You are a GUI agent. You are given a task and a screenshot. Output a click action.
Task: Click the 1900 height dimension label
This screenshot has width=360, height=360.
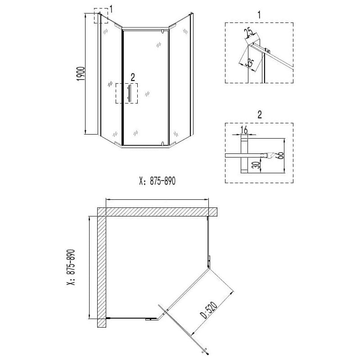coord(81,74)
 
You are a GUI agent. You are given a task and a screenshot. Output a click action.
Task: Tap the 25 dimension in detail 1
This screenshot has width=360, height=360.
coord(250,32)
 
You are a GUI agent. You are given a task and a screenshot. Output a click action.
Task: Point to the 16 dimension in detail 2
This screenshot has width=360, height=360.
coord(244,130)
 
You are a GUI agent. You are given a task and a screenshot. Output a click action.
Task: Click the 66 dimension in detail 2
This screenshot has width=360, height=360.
coord(280,155)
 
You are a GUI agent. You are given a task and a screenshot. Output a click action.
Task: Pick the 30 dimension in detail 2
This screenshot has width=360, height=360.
coord(258,164)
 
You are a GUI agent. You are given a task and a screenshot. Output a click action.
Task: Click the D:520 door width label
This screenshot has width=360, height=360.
coord(209,310)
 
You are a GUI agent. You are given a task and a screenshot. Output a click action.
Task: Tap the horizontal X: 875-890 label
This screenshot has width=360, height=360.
coord(157,181)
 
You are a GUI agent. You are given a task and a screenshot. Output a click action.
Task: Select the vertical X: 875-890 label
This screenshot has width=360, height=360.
coord(71,267)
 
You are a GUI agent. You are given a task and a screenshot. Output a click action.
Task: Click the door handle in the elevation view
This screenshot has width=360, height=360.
coord(129,93)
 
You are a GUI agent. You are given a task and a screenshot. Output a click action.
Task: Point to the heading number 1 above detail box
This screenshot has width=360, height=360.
coord(259,15)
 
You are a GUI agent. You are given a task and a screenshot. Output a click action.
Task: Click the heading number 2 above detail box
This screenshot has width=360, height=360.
coord(260,114)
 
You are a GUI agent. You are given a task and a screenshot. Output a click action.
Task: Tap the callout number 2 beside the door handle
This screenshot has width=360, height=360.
coord(133,77)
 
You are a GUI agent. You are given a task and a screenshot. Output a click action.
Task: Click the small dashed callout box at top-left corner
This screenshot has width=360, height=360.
coord(101,16)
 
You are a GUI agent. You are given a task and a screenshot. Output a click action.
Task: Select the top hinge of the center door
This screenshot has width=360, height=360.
coord(162,31)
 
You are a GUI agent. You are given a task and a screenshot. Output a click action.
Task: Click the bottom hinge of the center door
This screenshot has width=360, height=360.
coord(162,144)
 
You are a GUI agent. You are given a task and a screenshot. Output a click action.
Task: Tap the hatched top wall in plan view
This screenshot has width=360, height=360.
coord(157,211)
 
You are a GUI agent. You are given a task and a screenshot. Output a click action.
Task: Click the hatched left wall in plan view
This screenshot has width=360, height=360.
coord(102,267)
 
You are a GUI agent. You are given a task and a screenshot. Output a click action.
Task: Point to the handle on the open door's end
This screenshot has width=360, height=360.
coord(205,351)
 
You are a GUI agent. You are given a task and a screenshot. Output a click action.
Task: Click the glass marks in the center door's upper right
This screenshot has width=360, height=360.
coord(158,44)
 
